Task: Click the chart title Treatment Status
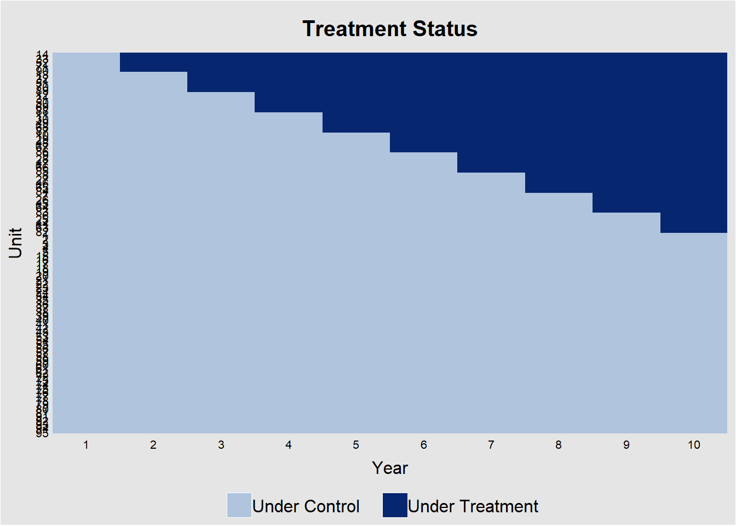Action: click(x=389, y=29)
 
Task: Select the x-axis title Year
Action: click(x=389, y=468)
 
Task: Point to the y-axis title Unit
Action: click(x=15, y=243)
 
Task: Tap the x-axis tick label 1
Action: click(x=86, y=445)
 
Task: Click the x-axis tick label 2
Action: click(x=153, y=445)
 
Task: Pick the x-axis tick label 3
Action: click(x=221, y=445)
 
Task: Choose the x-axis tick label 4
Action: click(x=289, y=445)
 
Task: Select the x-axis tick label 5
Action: click(x=356, y=445)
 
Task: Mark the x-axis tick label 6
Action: click(x=423, y=445)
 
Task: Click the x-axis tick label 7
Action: click(x=491, y=445)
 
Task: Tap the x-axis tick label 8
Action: click(x=559, y=445)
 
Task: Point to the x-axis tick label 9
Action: click(x=626, y=445)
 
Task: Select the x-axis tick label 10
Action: click(x=694, y=445)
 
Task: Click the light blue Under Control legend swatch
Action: click(x=239, y=505)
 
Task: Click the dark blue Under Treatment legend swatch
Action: click(x=395, y=505)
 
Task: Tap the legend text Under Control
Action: click(x=306, y=506)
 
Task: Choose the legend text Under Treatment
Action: click(x=473, y=506)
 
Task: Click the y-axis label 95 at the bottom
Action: click(x=42, y=433)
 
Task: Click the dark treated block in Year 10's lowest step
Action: click(x=694, y=223)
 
